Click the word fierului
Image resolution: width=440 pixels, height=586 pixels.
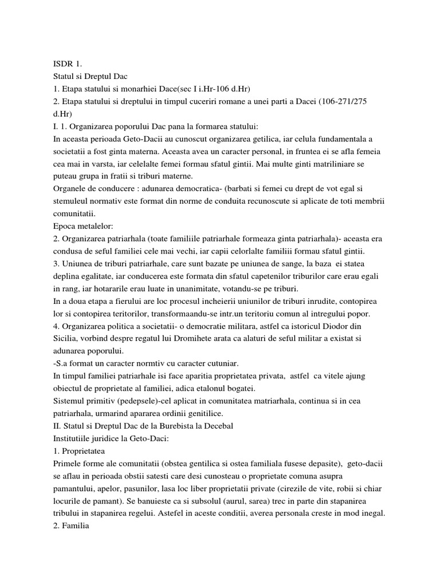(130, 301)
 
